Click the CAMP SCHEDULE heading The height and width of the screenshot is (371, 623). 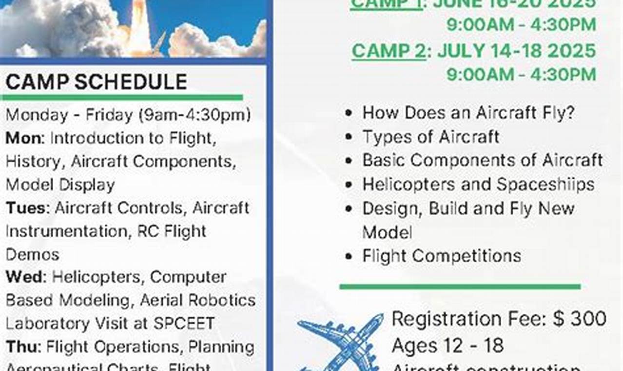click(96, 82)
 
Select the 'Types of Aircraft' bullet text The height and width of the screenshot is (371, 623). click(430, 137)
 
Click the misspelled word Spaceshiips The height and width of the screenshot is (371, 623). click(545, 185)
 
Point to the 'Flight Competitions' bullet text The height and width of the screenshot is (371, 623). click(441, 256)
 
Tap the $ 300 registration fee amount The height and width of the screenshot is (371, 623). click(580, 319)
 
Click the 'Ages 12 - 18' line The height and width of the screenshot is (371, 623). click(447, 346)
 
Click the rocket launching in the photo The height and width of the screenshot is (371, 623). click(141, 24)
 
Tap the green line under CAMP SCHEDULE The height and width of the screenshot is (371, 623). click(122, 98)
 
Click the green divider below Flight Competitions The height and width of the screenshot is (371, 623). click(460, 287)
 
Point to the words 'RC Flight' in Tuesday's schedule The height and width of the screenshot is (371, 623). click(168, 231)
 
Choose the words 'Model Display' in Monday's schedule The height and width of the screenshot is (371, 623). click(60, 185)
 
